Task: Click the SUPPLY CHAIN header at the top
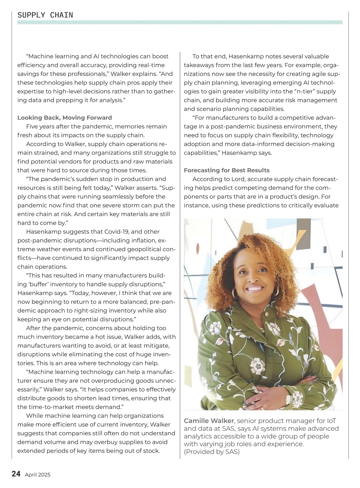45,15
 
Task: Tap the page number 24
16,474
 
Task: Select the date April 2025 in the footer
37,475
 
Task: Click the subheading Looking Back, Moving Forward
64,118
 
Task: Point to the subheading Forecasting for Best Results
226,170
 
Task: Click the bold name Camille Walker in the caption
209,421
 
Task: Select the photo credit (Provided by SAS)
212,452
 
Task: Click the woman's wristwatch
289,399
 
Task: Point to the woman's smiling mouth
255,289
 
